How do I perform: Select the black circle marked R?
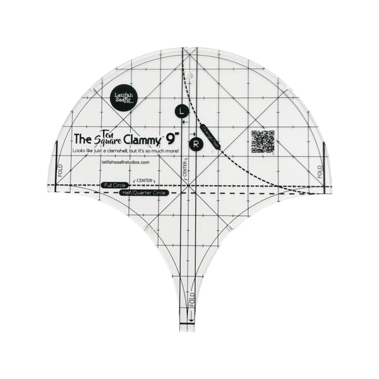coord(196,144)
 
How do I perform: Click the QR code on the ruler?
coord(263,141)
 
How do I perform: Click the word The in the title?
coord(83,138)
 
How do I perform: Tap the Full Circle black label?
coord(114,185)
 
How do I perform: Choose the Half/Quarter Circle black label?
coord(143,192)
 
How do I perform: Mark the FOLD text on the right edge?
coord(320,171)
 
